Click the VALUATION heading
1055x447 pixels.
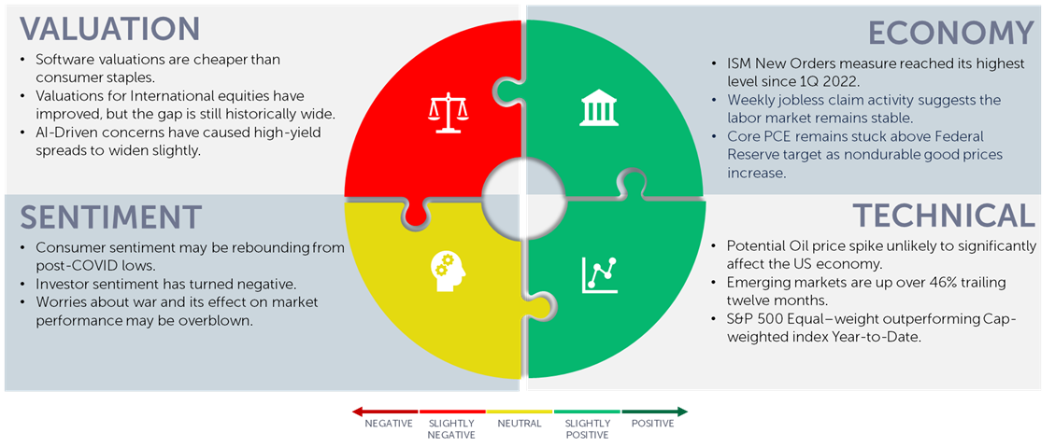(x=109, y=29)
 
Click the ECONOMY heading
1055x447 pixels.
(x=950, y=33)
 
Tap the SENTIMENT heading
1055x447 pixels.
(x=110, y=217)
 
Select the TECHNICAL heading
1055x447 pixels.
(x=944, y=215)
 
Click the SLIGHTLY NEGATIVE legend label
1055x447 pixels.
(x=451, y=429)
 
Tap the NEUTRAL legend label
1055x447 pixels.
(x=520, y=425)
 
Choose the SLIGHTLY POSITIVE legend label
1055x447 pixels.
(x=588, y=429)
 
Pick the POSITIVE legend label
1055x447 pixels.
(x=652, y=425)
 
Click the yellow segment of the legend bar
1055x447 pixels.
(x=520, y=412)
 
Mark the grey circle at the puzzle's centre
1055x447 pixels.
(x=523, y=196)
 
